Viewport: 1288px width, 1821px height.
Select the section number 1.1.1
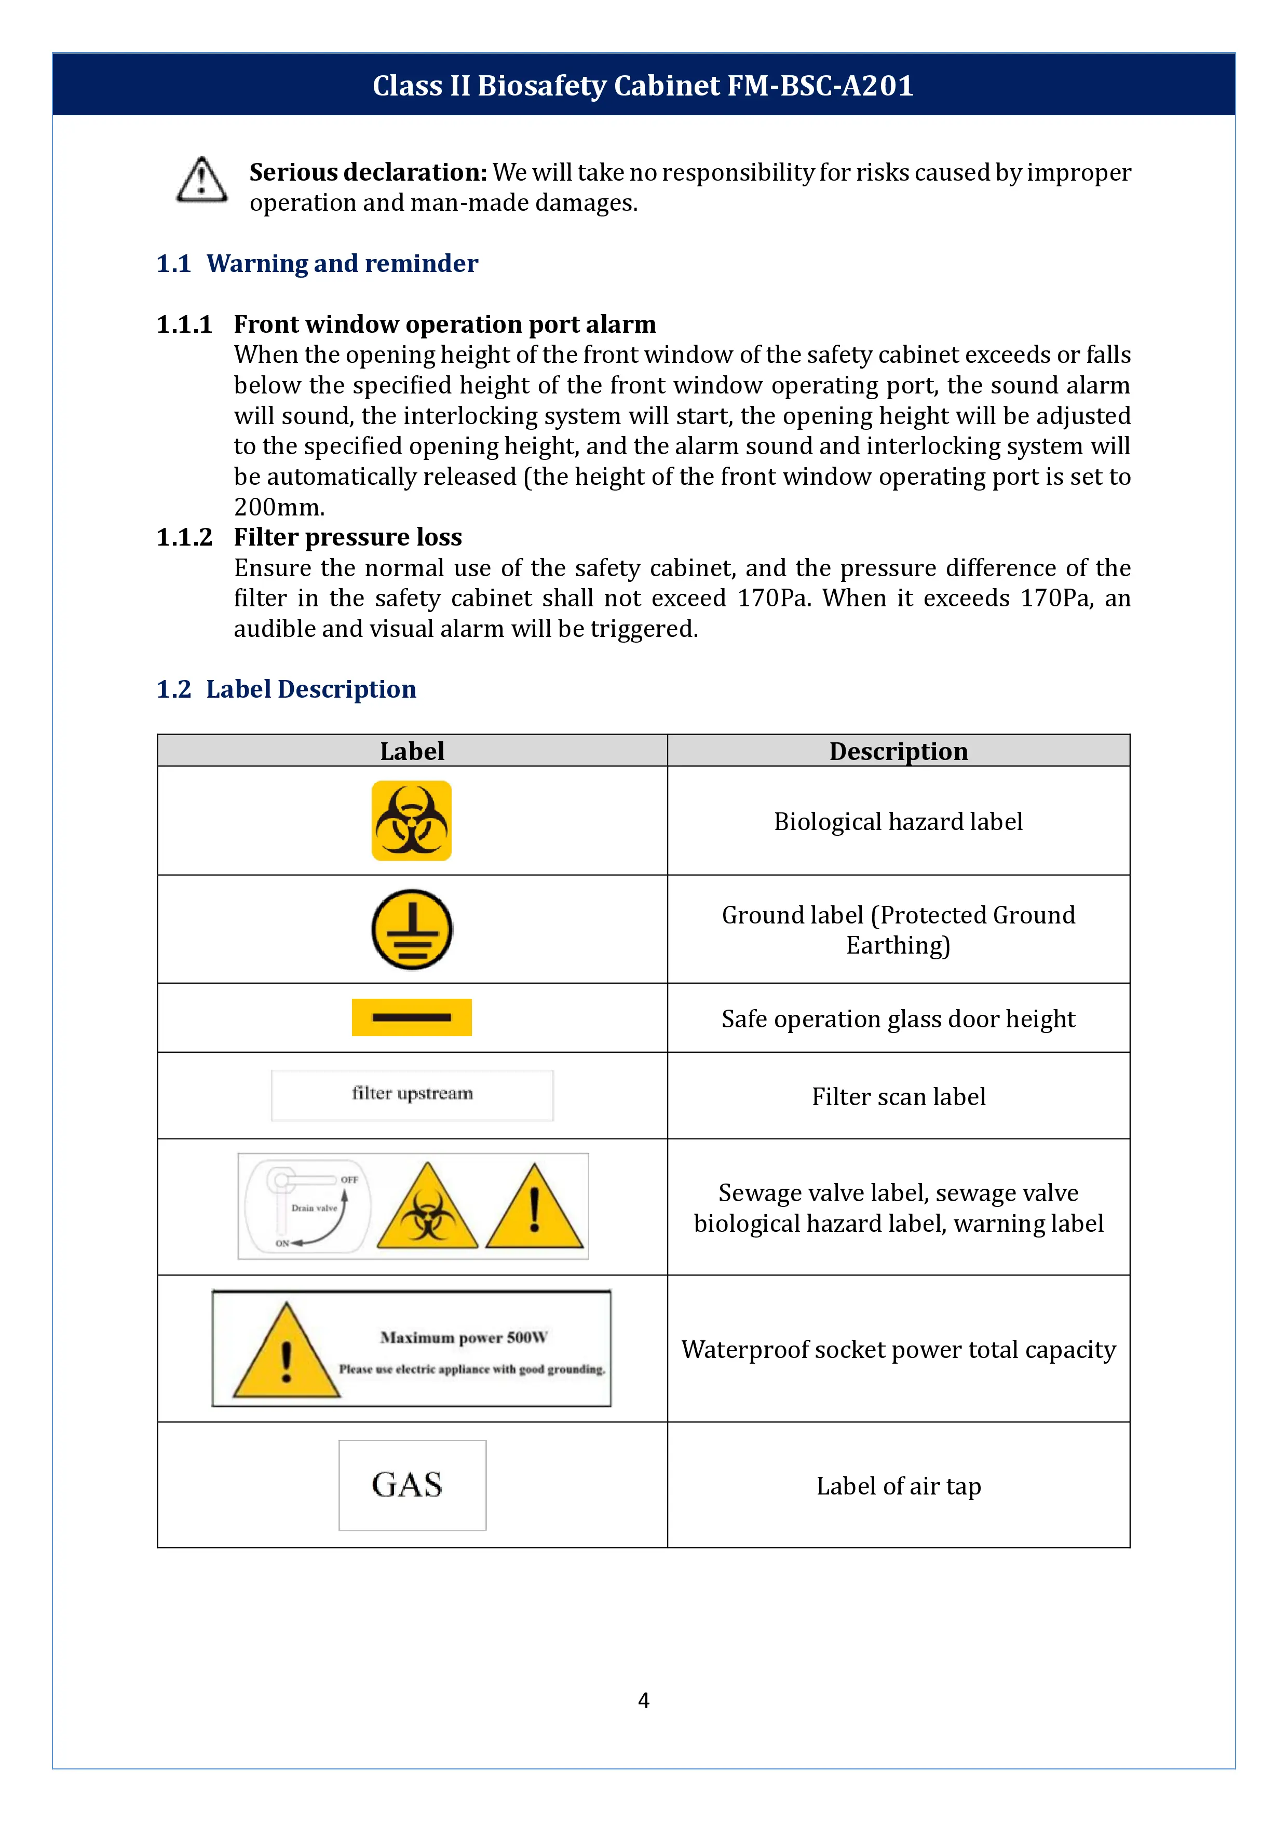point(184,324)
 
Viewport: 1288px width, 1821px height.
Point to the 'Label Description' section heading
point(311,689)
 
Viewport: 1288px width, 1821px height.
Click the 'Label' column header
point(412,751)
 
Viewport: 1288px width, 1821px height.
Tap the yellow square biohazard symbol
point(412,821)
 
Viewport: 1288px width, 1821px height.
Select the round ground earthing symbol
point(412,930)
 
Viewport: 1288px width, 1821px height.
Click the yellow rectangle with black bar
point(412,1017)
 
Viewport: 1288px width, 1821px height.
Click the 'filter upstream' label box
point(412,1095)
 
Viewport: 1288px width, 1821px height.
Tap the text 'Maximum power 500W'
point(464,1338)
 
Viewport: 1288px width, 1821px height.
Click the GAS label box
point(412,1485)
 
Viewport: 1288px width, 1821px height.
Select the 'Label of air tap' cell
point(899,1486)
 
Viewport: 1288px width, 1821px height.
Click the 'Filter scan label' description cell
point(899,1097)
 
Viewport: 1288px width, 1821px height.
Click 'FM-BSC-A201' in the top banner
point(820,86)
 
